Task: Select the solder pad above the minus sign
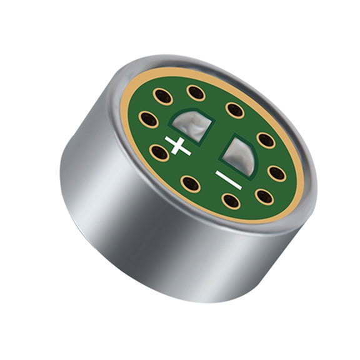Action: [x=240, y=153]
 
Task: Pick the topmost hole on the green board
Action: [x=196, y=93]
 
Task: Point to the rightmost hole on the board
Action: [x=277, y=173]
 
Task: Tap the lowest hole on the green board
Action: [x=231, y=201]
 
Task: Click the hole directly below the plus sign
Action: [x=190, y=184]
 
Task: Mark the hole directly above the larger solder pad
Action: [x=235, y=111]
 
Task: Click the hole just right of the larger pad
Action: [x=266, y=140]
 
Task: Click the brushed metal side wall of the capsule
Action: [x=125, y=219]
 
